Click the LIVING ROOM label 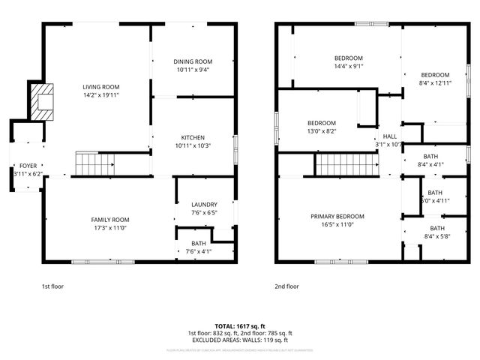[101, 88]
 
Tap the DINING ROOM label [193, 61]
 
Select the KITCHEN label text [193, 137]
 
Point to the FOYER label [28, 165]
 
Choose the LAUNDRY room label [204, 204]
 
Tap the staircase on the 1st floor [95, 163]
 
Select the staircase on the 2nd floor [344, 163]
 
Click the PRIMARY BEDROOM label [337, 216]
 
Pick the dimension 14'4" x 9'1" [348, 66]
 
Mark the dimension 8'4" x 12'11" [435, 82]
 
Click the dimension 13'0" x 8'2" [321, 130]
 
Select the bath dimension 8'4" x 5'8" [436, 235]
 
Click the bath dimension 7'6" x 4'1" [198, 251]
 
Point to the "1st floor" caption [52, 286]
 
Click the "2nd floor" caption [286, 286]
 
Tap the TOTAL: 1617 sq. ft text [239, 326]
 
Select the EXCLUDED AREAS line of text [239, 340]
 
